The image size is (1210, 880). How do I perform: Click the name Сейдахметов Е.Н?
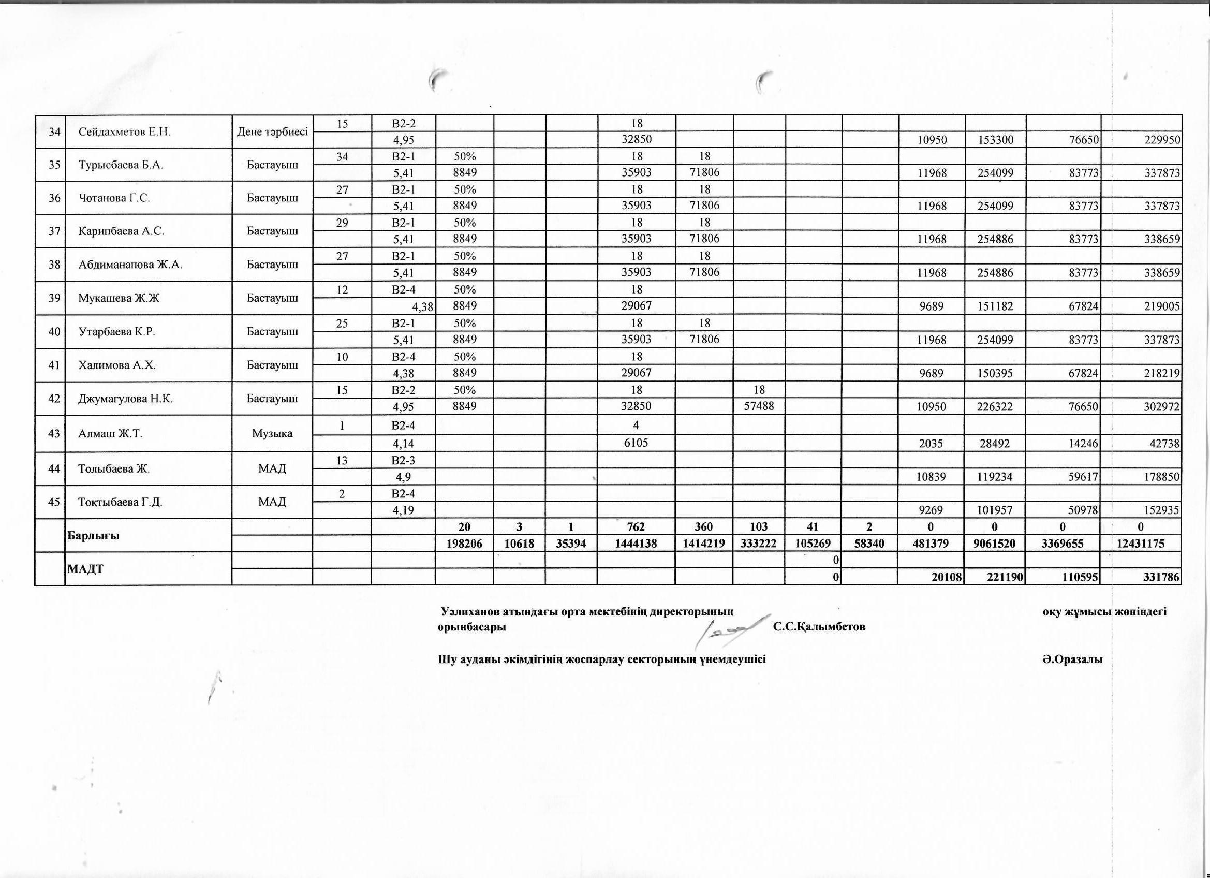click(124, 132)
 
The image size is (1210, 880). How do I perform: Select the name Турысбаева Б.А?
click(121, 165)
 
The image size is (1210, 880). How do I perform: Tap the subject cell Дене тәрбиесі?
click(273, 132)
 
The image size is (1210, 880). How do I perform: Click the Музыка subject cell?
click(273, 433)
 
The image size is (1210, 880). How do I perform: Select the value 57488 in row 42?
click(759, 406)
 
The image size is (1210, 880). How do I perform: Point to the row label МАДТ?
click(85, 569)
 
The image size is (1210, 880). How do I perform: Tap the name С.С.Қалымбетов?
click(819, 626)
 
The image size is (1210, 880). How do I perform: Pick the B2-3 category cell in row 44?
click(403, 460)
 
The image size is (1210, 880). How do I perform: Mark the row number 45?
click(54, 502)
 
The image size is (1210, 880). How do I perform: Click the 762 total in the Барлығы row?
click(637, 527)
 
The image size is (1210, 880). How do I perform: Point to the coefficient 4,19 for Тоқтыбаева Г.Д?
click(403, 510)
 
